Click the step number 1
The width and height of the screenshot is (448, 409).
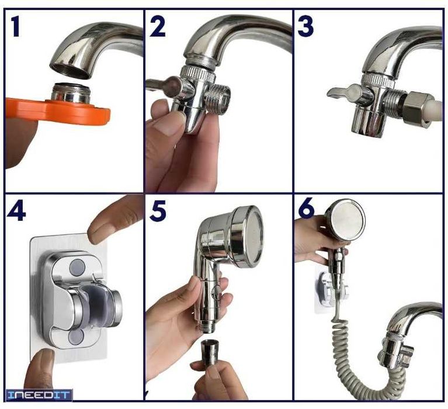point(16,27)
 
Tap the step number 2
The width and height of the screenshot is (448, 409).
point(158,26)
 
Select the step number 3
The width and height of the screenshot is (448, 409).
point(305,26)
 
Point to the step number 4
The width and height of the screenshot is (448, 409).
point(16,211)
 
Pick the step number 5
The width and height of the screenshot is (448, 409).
point(158,211)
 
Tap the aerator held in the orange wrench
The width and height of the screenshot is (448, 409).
point(71,92)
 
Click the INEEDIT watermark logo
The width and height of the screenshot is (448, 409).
point(39,395)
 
